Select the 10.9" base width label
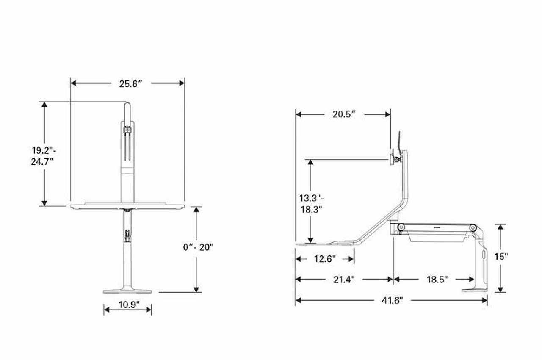[129, 305]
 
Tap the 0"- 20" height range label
[198, 247]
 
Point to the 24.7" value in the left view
[42, 162]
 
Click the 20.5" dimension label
[344, 114]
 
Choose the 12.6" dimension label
[325, 259]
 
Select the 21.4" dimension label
[344, 280]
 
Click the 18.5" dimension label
[437, 280]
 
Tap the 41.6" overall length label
[392, 300]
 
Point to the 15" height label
[501, 257]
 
